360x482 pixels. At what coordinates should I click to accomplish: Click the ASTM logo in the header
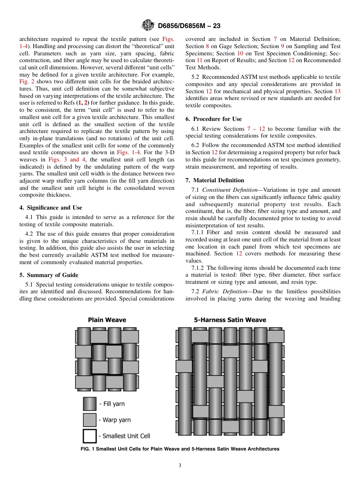coord(147,25)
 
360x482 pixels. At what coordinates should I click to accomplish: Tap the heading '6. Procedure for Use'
coord(213,119)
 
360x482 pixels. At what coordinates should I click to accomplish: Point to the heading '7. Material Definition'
coord(214,180)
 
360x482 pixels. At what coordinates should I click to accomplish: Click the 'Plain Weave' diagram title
coord(107,320)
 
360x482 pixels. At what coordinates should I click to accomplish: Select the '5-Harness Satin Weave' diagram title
coord(230,320)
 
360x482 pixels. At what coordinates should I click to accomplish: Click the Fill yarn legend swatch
coord(90,404)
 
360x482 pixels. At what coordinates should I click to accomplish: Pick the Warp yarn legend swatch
coord(90,420)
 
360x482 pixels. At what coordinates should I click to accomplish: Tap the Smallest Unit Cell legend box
coord(90,436)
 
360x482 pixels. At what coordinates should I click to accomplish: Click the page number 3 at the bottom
coord(180,466)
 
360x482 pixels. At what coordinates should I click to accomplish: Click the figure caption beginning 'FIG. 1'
coord(180,449)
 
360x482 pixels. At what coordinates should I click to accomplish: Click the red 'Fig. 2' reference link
coord(27,82)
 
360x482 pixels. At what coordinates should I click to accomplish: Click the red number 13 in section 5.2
coord(337,91)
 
